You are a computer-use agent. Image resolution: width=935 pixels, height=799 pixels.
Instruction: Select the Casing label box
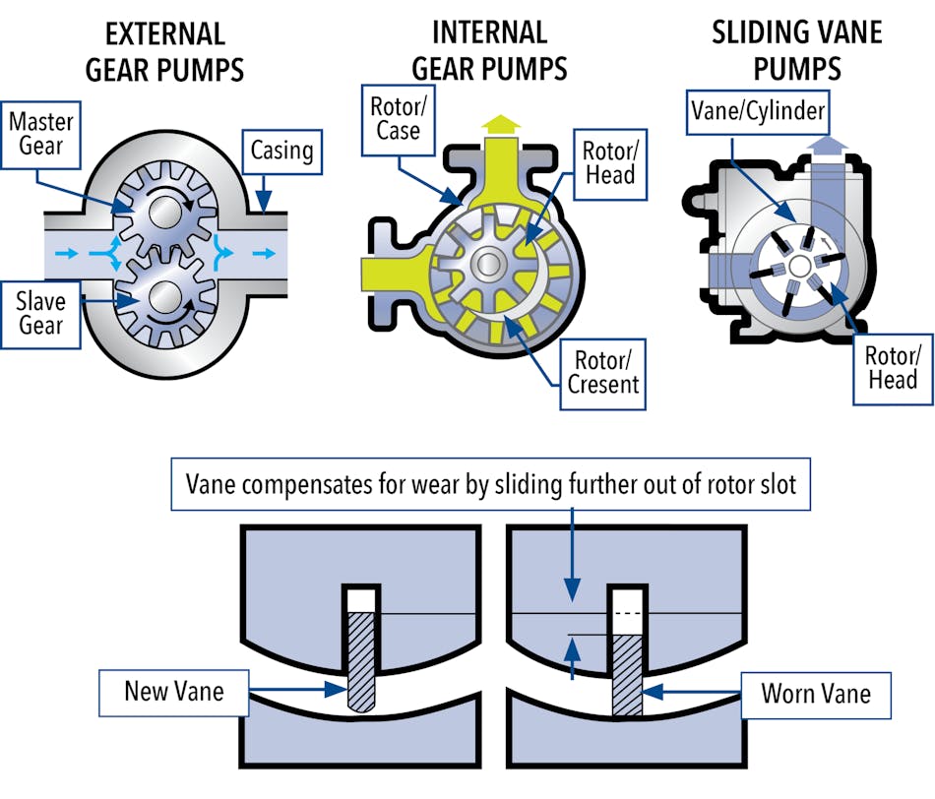280,152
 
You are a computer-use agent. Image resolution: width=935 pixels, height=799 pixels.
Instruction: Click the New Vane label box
174,692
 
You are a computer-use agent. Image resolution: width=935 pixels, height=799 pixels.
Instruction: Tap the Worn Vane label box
815,693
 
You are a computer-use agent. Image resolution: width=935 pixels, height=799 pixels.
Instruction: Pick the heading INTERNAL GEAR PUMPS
489,51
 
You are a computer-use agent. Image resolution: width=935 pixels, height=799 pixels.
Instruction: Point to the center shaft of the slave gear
163,298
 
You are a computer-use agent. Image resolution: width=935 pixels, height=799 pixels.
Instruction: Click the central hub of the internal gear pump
487,264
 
